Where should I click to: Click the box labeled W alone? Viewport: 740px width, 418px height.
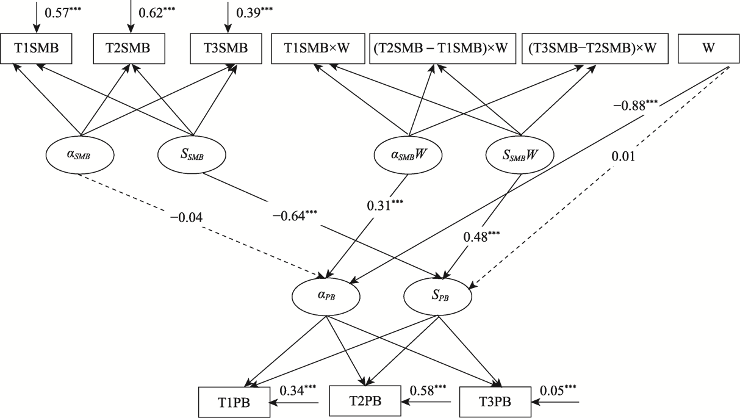point(708,49)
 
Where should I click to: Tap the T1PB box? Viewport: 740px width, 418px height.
point(234,403)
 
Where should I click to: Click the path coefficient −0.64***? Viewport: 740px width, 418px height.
point(295,215)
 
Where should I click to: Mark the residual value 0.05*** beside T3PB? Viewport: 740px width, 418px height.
point(559,389)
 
